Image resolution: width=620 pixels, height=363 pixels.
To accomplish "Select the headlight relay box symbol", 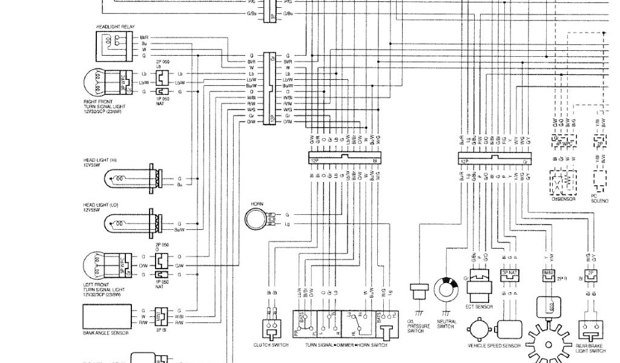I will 113,47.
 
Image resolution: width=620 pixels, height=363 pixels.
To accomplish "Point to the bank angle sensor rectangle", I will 107,315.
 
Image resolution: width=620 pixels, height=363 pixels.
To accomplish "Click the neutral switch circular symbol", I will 449,292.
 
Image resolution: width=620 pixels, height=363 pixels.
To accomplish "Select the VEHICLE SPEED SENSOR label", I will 493,346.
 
